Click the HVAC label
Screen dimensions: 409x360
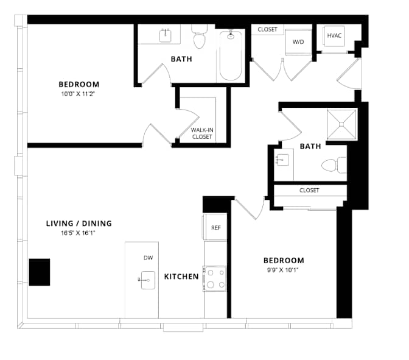[334, 35]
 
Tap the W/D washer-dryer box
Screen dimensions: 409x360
[298, 42]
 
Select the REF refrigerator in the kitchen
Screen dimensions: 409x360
[215, 227]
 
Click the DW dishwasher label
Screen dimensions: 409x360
[148, 258]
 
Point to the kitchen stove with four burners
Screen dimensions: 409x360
[215, 278]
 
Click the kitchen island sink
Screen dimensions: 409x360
[148, 280]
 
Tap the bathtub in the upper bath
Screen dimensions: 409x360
[231, 55]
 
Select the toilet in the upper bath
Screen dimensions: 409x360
[200, 37]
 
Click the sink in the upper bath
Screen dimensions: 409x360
[166, 35]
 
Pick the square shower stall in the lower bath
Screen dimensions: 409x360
[341, 124]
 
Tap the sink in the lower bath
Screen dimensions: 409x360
[282, 160]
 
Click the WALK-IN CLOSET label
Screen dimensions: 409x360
[202, 133]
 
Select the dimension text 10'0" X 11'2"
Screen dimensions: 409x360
[78, 94]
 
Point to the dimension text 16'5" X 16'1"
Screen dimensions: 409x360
[78, 233]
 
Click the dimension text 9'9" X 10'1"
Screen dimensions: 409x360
[283, 270]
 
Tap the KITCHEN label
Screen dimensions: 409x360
[181, 277]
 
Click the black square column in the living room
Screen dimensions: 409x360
[40, 272]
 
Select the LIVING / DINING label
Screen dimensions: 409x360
[79, 224]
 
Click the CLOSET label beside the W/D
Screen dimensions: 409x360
[267, 29]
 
